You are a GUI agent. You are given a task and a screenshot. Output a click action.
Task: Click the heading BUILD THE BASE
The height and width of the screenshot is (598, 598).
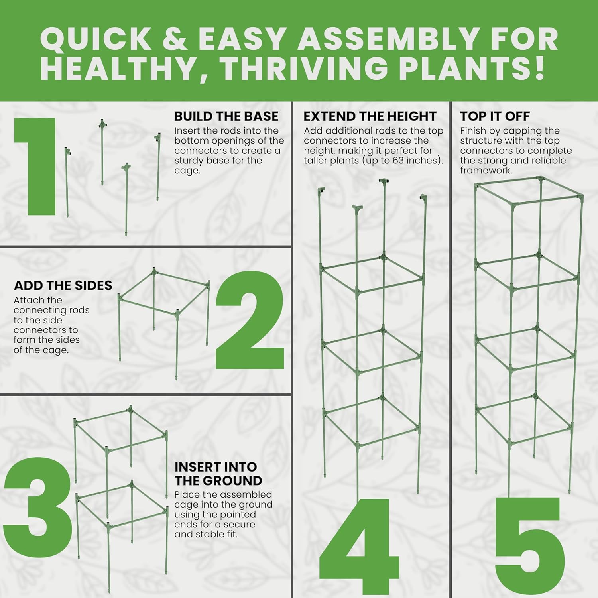click(226, 116)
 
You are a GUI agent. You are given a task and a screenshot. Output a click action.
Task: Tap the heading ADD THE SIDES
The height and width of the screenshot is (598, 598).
click(63, 285)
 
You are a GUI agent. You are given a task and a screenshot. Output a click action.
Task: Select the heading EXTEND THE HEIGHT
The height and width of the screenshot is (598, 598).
click(370, 116)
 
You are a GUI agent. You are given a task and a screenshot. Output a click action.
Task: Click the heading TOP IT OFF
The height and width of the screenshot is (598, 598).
click(495, 116)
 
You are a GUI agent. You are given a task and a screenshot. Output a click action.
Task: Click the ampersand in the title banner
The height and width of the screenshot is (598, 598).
click(175, 39)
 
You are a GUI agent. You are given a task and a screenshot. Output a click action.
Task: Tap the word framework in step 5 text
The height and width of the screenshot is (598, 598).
click(486, 170)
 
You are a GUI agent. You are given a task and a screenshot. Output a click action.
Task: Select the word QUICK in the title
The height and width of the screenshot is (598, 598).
click(96, 39)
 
